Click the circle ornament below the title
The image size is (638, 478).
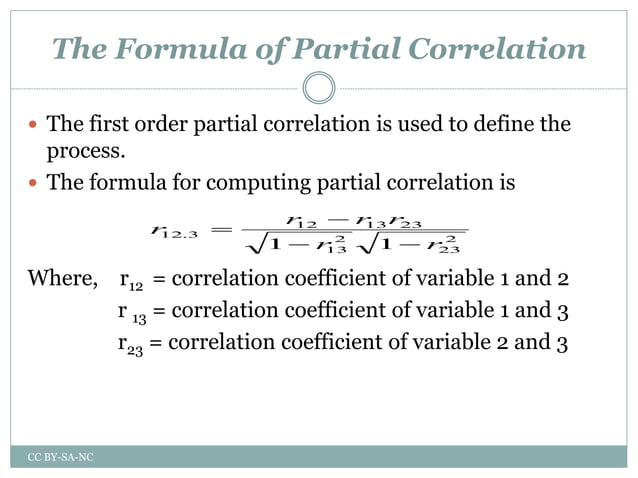319,88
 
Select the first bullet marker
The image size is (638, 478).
35,127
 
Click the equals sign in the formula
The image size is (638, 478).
222,232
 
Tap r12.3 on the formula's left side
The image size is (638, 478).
172,232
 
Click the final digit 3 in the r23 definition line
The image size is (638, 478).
563,342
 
